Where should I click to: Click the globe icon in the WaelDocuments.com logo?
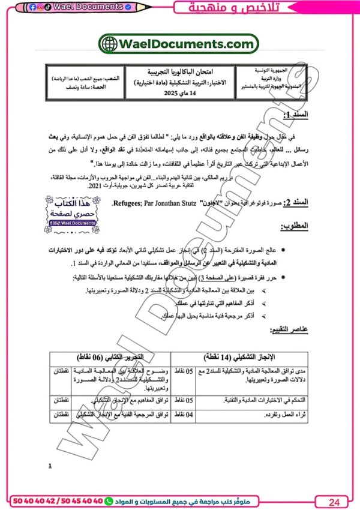[110, 44]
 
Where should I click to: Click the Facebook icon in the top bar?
[32, 7]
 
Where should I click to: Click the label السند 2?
[296, 205]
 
